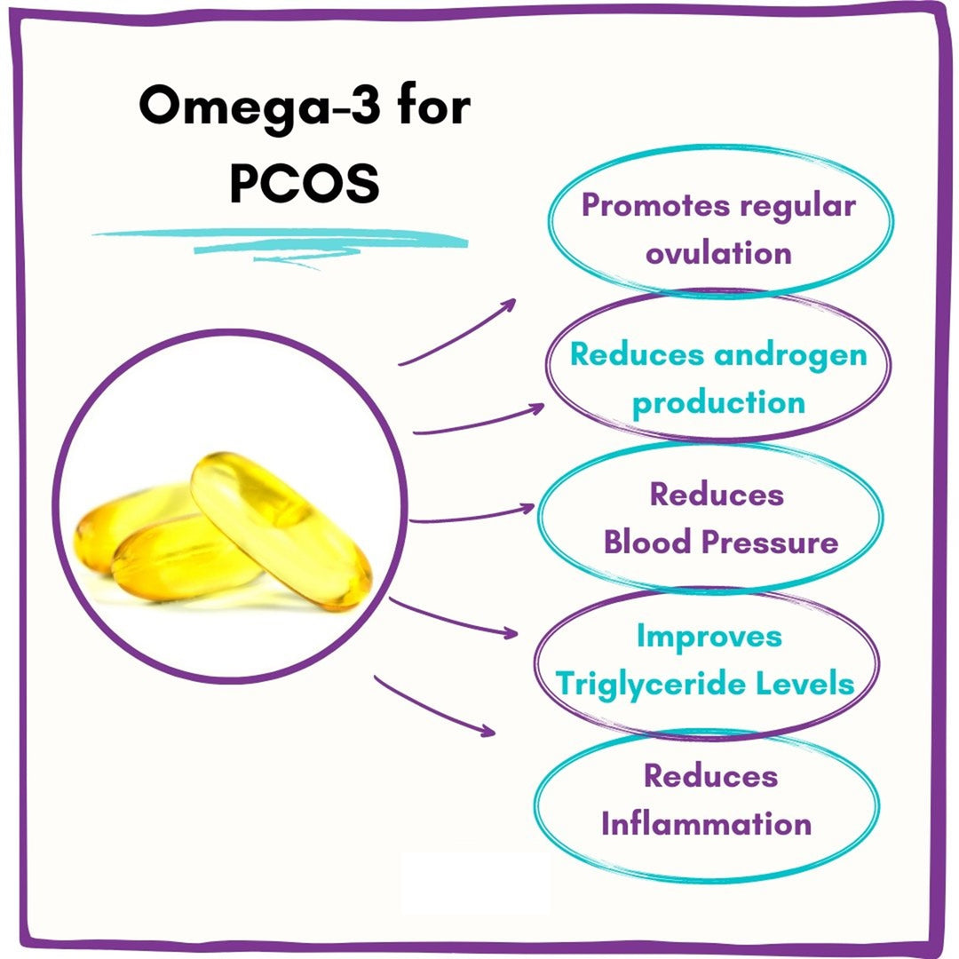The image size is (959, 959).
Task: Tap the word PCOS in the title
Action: (304, 184)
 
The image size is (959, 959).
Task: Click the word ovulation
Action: (718, 253)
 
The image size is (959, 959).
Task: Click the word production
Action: (718, 402)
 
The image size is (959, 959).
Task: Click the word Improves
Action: (709, 636)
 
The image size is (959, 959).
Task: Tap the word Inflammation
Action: (706, 823)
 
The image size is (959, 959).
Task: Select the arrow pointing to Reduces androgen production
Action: (479, 420)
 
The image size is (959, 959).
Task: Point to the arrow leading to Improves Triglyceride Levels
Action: (453, 619)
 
